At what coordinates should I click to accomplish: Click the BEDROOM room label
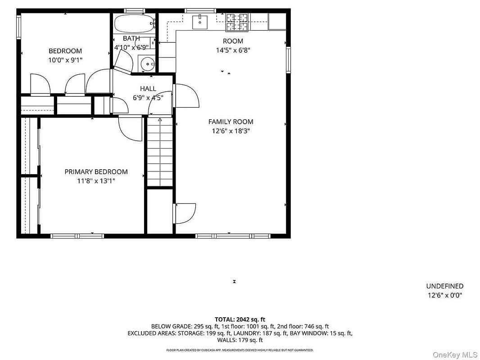tap(65, 51)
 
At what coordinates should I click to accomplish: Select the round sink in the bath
tap(147, 64)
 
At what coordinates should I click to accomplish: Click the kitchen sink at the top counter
tap(199, 22)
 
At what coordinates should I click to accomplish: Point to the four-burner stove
tap(237, 22)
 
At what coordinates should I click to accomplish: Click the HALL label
tap(148, 89)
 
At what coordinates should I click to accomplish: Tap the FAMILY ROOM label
tap(231, 122)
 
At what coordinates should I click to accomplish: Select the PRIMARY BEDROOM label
tap(96, 172)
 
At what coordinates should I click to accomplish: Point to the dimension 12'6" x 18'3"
tap(231, 131)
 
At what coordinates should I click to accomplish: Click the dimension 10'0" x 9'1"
tap(65, 60)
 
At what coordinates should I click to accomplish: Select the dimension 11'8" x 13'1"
tap(96, 181)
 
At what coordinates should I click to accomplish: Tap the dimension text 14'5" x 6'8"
tap(233, 50)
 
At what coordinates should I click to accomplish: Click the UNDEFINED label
tap(445, 286)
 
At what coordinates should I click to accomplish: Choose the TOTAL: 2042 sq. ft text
tap(240, 320)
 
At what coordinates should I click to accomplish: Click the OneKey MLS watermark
tap(455, 355)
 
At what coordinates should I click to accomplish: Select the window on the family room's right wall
tap(288, 60)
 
